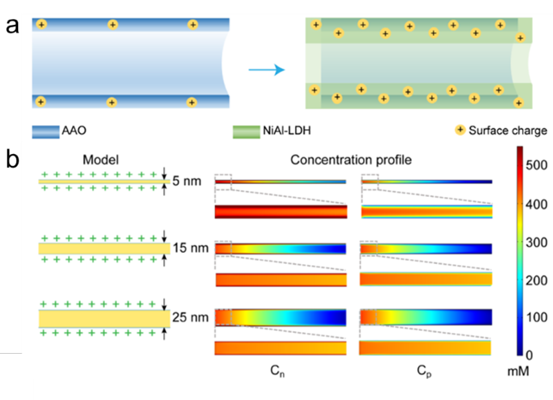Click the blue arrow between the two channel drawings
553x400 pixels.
tap(266, 69)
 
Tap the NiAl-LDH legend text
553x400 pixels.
tap(290, 130)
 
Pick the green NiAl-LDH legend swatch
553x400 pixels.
tap(251, 130)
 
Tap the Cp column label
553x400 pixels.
tap(424, 372)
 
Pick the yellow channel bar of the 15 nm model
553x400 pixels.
tap(104, 247)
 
